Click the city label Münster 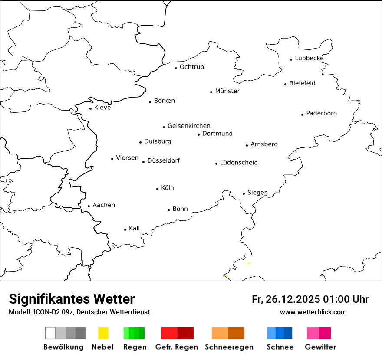(227, 91)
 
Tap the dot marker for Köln (157, 189)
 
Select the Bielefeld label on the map (302, 83)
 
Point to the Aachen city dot (89, 206)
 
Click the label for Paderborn (321, 114)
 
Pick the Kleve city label (102, 108)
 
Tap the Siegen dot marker (244, 193)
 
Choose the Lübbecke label (309, 58)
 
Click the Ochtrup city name (191, 67)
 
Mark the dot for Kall (125, 229)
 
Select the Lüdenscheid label (239, 163)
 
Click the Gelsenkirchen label (189, 126)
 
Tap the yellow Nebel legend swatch (103, 333)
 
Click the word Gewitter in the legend (320, 347)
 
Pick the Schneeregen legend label (229, 347)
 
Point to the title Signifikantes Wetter (72, 299)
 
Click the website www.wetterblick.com (313, 312)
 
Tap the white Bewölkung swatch (50, 333)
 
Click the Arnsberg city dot (247, 145)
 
